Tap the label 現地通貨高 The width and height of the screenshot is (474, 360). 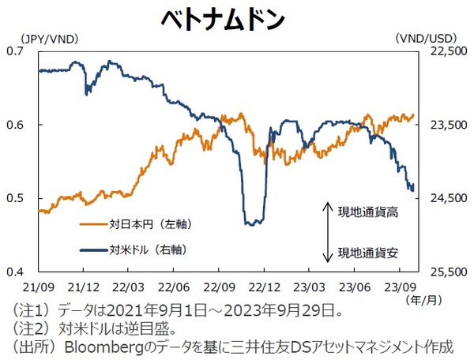pos(368,212)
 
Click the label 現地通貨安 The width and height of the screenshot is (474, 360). pos(368,253)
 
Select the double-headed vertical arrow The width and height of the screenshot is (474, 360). pos(327,232)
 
